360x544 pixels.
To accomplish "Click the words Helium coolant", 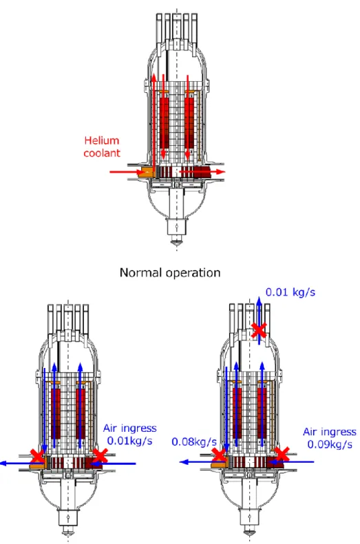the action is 102,146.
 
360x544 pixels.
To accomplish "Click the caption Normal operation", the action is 170,273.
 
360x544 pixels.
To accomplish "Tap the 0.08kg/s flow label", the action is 194,442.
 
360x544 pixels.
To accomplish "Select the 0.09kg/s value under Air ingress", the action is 330,444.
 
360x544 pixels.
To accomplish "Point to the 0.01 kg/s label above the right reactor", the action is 290,292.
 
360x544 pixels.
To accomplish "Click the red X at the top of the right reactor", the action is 259,330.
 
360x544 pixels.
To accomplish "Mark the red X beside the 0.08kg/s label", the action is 220,455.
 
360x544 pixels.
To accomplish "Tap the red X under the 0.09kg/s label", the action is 282,454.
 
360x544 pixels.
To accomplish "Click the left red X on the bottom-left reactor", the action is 37,456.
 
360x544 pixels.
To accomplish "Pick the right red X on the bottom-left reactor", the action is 100,455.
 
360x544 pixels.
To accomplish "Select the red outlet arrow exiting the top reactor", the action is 202,171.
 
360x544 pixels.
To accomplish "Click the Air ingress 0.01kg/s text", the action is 130,435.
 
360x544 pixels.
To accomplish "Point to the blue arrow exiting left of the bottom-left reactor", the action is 22,463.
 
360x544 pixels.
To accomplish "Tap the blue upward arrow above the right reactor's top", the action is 259,320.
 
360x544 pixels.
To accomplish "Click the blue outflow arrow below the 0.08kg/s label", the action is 202,461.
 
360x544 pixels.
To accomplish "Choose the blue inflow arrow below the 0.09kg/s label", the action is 291,461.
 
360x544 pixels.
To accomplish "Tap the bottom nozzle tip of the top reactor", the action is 176,242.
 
